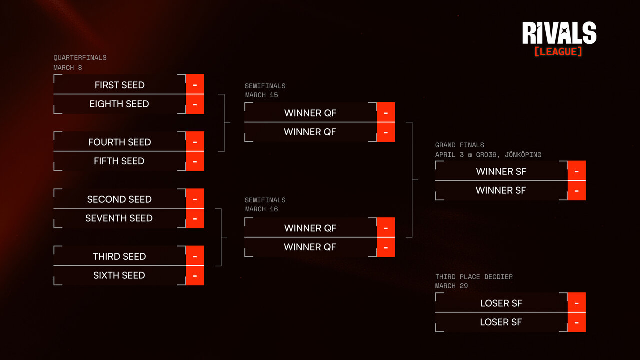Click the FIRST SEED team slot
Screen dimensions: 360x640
[x=119, y=85]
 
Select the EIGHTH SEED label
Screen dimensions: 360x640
[x=119, y=104]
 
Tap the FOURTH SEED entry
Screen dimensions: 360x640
[x=119, y=142]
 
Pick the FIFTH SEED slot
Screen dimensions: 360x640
[x=119, y=161]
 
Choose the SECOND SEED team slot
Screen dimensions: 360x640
[x=119, y=199]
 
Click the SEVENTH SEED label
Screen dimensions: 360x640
[x=119, y=218]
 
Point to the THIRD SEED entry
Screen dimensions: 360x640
[x=119, y=256]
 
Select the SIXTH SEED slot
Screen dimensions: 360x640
[x=119, y=275]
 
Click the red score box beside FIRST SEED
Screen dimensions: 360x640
[x=195, y=85]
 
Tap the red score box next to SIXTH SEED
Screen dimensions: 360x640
[x=195, y=275]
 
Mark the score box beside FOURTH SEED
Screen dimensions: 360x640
[x=195, y=142]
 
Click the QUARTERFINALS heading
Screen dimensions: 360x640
[x=80, y=58]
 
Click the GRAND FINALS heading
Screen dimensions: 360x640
[x=459, y=145]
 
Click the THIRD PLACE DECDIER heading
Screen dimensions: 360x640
[x=474, y=277]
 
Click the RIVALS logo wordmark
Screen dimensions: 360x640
[x=559, y=33]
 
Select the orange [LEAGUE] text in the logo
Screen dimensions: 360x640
[x=558, y=51]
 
